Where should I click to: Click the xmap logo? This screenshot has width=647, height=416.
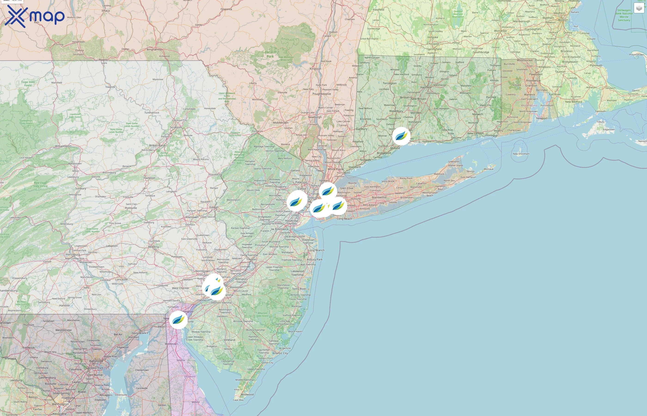[36, 16]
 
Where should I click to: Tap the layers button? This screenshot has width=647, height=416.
[639, 8]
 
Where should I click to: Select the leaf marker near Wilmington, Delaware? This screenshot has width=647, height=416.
[178, 320]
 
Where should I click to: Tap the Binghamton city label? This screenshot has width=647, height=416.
[155, 49]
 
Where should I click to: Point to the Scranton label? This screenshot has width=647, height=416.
[176, 127]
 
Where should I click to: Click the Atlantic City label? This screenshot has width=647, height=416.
[280, 353]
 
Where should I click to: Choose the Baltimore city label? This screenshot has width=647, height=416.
[96, 361]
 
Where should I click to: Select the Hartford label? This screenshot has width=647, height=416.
[426, 87]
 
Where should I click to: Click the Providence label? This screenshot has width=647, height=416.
[533, 80]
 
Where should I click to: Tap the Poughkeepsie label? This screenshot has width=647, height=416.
[322, 94]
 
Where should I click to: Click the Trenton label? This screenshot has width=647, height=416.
[251, 259]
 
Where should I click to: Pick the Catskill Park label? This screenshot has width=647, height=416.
[270, 54]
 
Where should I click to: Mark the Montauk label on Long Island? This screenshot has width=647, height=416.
[488, 169]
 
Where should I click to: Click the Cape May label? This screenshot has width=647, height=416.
[238, 400]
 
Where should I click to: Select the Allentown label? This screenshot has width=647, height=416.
[192, 217]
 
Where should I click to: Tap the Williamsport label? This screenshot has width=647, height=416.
[63, 146]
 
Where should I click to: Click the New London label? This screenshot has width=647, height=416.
[476, 133]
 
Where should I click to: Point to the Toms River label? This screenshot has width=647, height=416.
[299, 289]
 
